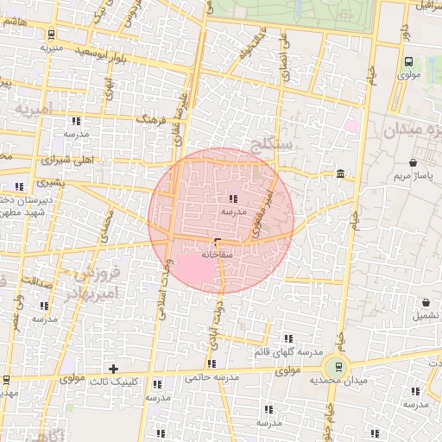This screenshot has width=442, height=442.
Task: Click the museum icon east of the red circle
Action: [342, 174]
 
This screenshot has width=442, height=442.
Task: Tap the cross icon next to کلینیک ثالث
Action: [112, 369]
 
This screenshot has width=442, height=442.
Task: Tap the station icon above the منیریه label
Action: [53, 35]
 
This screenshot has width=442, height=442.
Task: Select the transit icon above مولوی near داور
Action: [409, 61]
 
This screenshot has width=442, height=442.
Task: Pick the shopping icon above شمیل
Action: [426, 303]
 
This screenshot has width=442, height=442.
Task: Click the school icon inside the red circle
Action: [234, 199]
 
